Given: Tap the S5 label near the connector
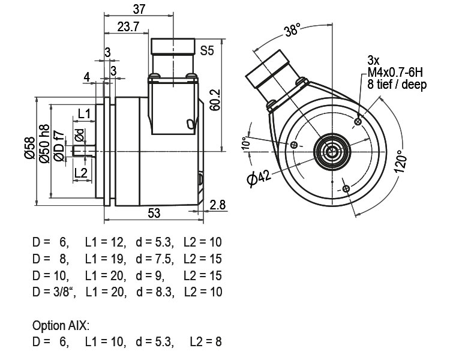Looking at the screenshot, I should tap(207, 50).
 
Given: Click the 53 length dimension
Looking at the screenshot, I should tap(154, 213).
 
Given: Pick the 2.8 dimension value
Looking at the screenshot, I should tap(218, 205).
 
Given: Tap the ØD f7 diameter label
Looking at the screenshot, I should tap(58, 146).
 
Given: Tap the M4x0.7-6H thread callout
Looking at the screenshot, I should tap(396, 73).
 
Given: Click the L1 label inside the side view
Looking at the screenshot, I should tap(84, 114).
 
